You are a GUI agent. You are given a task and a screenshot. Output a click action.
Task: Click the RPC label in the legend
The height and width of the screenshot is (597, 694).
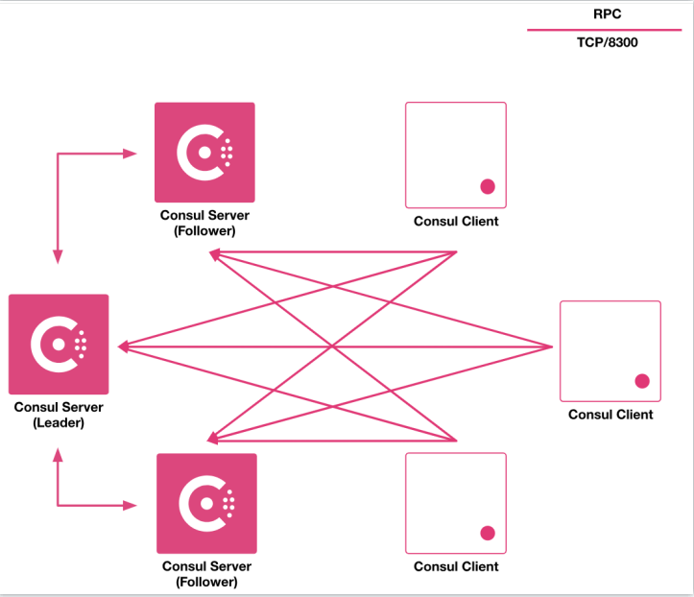[x=608, y=14]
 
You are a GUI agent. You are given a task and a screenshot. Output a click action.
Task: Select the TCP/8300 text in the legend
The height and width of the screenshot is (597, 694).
[x=608, y=43]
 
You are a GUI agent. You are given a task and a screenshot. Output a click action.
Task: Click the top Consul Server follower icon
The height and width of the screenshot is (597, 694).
[x=204, y=152]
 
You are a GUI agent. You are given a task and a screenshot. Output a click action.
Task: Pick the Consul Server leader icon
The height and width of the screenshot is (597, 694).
[x=59, y=344]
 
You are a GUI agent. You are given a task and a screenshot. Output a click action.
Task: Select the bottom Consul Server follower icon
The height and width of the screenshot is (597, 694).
[x=206, y=503]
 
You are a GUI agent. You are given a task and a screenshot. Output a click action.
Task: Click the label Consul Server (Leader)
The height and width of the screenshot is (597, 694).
[x=59, y=415]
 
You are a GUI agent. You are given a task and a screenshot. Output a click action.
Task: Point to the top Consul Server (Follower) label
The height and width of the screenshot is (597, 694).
[x=204, y=223]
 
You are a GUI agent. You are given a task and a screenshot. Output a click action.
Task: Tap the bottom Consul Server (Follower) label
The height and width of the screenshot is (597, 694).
[x=206, y=574]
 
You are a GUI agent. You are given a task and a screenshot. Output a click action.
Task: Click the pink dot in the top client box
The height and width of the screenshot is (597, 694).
[x=487, y=187]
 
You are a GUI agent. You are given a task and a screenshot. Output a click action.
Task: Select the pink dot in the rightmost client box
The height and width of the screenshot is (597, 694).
[x=642, y=381]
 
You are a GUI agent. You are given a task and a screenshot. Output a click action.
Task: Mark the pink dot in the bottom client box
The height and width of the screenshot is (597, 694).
[x=487, y=533]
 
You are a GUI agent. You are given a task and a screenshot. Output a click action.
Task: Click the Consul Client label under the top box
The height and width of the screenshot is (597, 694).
[x=456, y=222]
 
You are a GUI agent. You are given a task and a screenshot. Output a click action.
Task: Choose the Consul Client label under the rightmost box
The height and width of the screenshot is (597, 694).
[x=610, y=415]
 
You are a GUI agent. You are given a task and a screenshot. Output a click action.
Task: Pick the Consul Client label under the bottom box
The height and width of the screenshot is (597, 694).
[x=456, y=566]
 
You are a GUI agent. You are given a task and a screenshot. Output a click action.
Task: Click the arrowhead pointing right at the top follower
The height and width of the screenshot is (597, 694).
[x=132, y=152]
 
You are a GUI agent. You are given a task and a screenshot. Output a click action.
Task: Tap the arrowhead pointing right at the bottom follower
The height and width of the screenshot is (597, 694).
[x=132, y=504]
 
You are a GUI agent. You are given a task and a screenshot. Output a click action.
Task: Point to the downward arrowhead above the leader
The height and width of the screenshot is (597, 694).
[x=58, y=256]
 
